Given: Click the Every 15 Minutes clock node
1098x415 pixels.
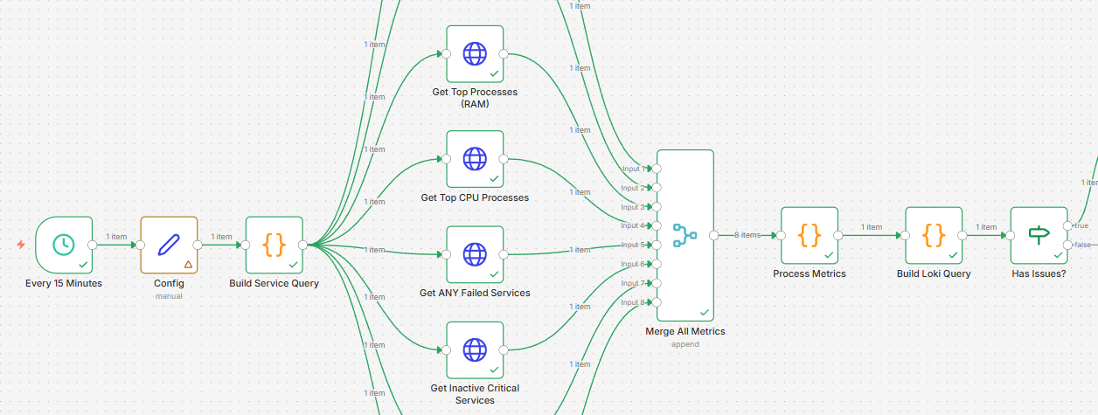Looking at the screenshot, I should (64, 245).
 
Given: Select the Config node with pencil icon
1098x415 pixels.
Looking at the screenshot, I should (169, 245).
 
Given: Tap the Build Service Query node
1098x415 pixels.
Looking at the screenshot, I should (274, 245).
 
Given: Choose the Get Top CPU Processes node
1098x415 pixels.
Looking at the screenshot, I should (475, 159).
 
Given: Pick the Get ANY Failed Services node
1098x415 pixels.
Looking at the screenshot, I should (475, 254).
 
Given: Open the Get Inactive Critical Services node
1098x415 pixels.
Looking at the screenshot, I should (475, 349).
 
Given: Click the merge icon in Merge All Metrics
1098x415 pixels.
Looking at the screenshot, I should (685, 235).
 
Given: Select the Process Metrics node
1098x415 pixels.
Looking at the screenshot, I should (810, 235).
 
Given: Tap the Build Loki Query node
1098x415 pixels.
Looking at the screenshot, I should (934, 235).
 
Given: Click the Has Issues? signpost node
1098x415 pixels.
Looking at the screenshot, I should (1039, 235).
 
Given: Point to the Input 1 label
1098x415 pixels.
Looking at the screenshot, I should (633, 169).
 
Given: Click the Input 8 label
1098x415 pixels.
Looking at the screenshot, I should (633, 302).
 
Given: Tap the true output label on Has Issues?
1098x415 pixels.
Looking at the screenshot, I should (1081, 225).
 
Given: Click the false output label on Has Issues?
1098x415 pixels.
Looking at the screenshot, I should (1082, 245).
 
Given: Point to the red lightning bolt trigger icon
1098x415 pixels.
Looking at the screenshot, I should (21, 245).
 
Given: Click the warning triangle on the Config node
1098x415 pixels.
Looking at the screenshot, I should (188, 264).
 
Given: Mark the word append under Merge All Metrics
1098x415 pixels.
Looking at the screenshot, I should (685, 344).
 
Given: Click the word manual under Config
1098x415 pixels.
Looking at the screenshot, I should (169, 296).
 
